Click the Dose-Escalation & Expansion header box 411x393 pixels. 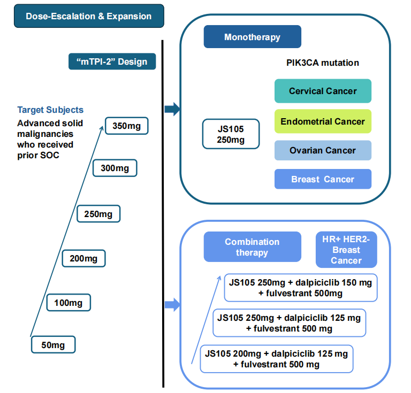click(x=88, y=16)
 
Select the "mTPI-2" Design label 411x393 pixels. click(x=112, y=61)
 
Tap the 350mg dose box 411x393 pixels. click(x=126, y=127)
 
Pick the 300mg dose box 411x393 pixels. click(x=115, y=168)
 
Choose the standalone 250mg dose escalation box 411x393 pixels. click(x=98, y=214)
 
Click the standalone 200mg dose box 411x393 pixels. click(x=83, y=258)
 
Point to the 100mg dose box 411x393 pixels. click(x=68, y=303)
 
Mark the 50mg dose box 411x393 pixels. click(x=53, y=345)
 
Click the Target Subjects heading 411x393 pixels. click(x=50, y=110)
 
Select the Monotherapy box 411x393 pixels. click(x=252, y=37)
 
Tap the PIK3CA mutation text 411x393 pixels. click(x=323, y=63)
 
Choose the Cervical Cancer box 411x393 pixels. click(x=323, y=91)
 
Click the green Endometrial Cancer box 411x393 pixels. click(x=323, y=121)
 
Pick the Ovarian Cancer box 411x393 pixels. click(x=323, y=150)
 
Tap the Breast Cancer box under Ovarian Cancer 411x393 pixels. click(x=323, y=179)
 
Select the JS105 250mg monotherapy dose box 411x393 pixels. click(x=231, y=134)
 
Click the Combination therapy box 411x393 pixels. click(x=252, y=246)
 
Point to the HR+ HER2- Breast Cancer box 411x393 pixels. click(x=346, y=250)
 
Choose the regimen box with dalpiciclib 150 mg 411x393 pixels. click(x=300, y=287)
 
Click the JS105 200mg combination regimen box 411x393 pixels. click(x=277, y=359)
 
